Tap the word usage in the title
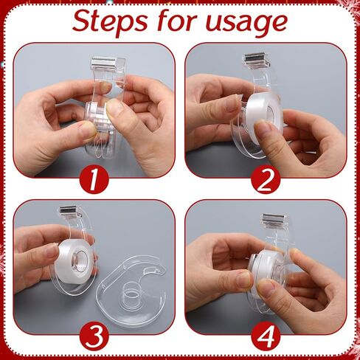248,24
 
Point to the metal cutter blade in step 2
254,59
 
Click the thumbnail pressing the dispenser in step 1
114,108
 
